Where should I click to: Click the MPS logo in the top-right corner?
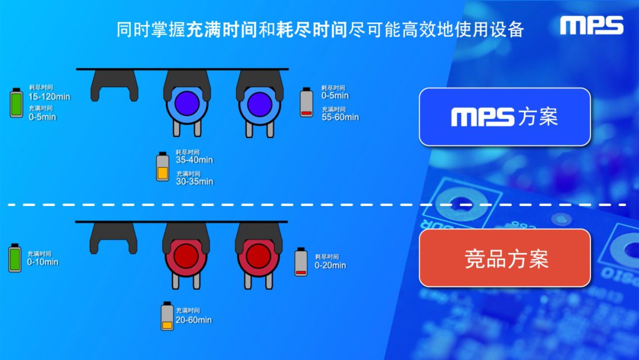[x=592, y=25]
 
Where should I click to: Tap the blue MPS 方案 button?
[x=505, y=117]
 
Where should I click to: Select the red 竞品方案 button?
[x=505, y=259]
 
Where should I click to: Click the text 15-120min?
[x=49, y=97]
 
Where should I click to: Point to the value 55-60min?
[x=340, y=117]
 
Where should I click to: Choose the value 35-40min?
[x=194, y=160]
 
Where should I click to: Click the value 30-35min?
[x=194, y=181]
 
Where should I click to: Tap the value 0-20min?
[x=330, y=265]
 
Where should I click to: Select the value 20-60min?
[x=193, y=320]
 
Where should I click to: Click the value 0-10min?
[x=43, y=262]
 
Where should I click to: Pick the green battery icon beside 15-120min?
[x=18, y=103]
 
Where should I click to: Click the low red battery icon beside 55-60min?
[x=306, y=102]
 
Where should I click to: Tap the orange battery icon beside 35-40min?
[x=163, y=166]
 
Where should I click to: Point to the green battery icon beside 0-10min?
[x=15, y=258]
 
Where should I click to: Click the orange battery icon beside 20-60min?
[x=167, y=316]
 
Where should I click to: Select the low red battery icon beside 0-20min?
[x=301, y=262]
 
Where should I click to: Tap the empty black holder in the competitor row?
[x=114, y=237]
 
